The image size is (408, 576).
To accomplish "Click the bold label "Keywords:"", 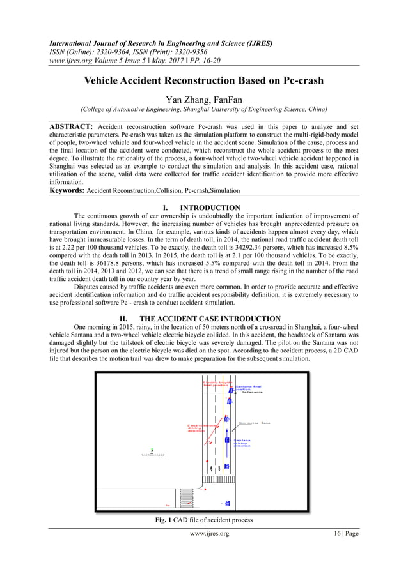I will [x=68, y=191].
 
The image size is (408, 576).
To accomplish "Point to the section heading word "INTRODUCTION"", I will [x=210, y=208].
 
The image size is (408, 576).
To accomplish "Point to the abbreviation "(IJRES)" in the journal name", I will [x=255, y=43].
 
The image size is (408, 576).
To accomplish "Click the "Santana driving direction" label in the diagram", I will [x=242, y=443].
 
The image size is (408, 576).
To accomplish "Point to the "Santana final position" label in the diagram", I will [x=247, y=388].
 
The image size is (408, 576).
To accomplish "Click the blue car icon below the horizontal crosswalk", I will [x=227, y=503].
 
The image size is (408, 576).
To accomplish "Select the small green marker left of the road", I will [x=152, y=451].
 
